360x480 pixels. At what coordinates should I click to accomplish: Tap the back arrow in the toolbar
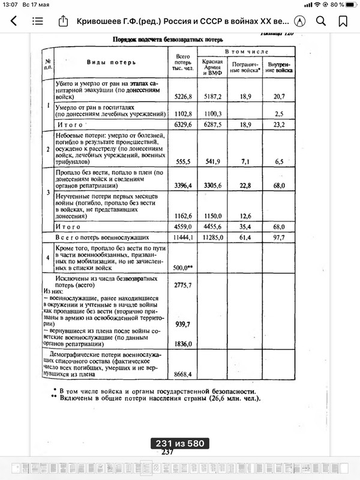(13, 21)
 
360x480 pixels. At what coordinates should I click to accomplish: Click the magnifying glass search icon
(321, 21)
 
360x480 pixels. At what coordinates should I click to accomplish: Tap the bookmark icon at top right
(343, 21)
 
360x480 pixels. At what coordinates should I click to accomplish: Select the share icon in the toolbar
(63, 21)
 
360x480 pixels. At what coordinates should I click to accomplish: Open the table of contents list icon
(38, 21)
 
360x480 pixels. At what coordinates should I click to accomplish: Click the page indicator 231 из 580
(179, 443)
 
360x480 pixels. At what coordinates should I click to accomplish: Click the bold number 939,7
(182, 324)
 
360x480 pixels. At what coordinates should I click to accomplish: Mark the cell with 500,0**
(182, 268)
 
